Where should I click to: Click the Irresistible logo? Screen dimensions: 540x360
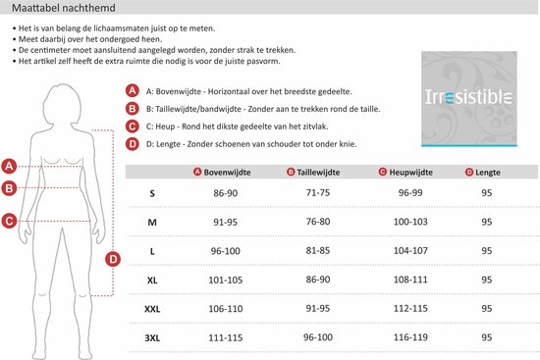tap(469, 99)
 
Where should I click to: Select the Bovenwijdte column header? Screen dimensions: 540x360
tap(222, 172)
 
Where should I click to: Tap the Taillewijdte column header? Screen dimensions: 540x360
tap(313, 172)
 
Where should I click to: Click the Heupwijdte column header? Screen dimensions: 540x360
tap(405, 172)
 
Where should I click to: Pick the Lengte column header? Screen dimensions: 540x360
tap(482, 172)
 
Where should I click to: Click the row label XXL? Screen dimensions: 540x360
tap(152, 309)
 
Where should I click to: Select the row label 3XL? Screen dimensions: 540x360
tap(152, 338)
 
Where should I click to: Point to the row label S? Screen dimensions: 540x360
tap(152, 193)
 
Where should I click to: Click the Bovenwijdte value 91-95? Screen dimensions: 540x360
tap(225, 222)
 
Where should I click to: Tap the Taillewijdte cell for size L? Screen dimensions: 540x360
tap(318, 250)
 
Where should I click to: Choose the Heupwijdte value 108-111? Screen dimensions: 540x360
tap(410, 280)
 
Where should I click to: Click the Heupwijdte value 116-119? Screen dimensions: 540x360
tap(410, 337)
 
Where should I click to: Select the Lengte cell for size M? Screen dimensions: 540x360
tap(487, 222)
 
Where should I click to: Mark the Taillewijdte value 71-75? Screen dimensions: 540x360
tap(318, 192)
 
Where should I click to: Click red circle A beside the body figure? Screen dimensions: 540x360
tap(9, 166)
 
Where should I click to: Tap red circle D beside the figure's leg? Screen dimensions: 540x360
tap(113, 259)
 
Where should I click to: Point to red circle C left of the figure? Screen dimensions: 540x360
tap(9, 221)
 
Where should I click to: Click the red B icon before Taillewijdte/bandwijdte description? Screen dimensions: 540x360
tap(133, 109)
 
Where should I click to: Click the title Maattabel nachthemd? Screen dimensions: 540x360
tap(64, 8)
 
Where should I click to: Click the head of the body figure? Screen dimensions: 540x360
tap(63, 103)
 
